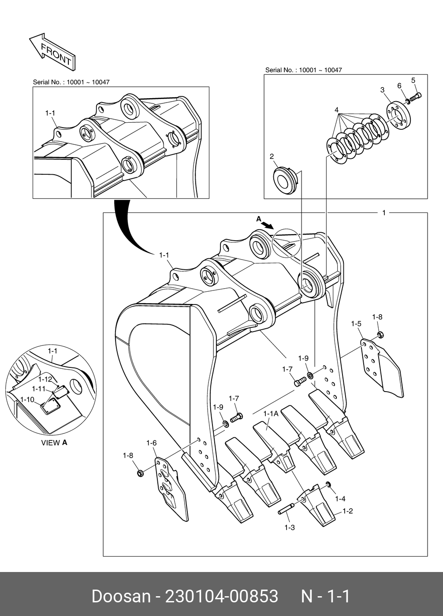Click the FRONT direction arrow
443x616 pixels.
[52, 51]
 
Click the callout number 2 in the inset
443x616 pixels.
[272, 156]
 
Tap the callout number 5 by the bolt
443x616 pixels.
[413, 80]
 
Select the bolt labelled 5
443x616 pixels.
[416, 95]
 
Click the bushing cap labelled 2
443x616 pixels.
[286, 179]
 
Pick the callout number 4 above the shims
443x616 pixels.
[336, 110]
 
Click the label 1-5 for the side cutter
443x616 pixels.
[356, 324]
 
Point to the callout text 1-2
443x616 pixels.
[348, 511]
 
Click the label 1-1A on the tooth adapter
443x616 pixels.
[271, 414]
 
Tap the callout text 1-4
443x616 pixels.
[340, 499]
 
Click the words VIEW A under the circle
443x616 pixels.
[54, 443]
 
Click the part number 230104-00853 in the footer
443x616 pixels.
[221, 596]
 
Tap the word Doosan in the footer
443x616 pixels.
[121, 596]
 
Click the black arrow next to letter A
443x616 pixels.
[267, 224]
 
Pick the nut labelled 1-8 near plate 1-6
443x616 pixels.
[140, 473]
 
